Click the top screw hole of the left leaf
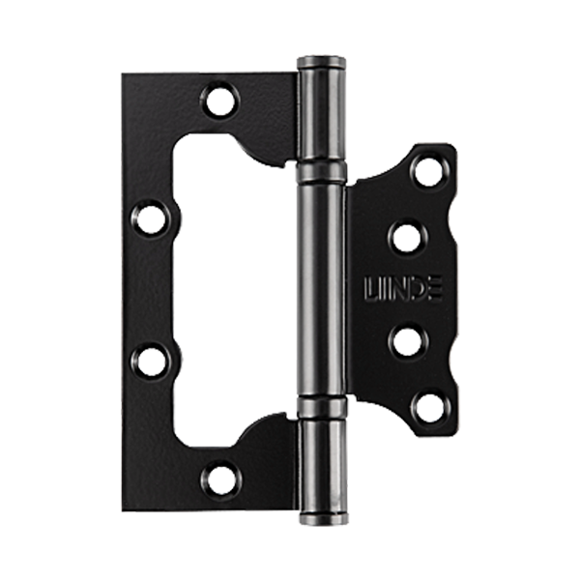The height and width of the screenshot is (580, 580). tap(220, 101)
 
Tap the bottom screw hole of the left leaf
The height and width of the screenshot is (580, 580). tap(221, 480)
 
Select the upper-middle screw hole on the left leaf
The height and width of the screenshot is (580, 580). tap(150, 220)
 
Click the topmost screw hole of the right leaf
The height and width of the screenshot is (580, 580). tap(428, 172)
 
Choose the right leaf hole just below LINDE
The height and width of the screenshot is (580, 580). tap(407, 342)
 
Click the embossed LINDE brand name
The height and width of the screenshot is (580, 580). tap(403, 289)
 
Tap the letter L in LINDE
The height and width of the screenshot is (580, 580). tap(371, 289)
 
